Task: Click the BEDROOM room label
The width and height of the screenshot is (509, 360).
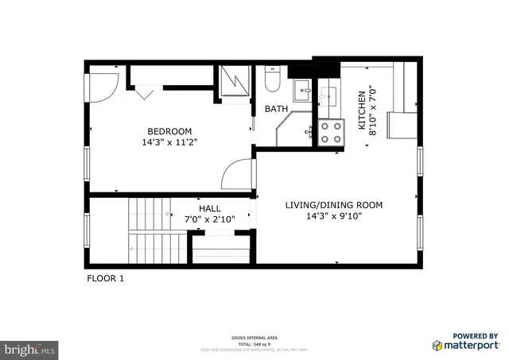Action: click(169, 131)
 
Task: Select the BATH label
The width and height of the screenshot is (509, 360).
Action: click(276, 109)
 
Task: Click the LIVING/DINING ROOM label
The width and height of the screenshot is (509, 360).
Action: click(333, 205)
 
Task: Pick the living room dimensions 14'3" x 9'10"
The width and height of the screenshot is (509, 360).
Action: click(333, 216)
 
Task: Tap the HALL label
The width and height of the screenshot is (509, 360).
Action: click(210, 208)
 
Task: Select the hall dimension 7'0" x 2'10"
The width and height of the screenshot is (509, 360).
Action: click(210, 219)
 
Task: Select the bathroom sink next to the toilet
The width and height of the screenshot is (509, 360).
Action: click(304, 89)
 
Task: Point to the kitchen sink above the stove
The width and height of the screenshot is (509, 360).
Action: click(328, 98)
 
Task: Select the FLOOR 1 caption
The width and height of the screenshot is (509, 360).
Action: click(105, 279)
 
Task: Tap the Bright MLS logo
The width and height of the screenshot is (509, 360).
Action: click(30, 348)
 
